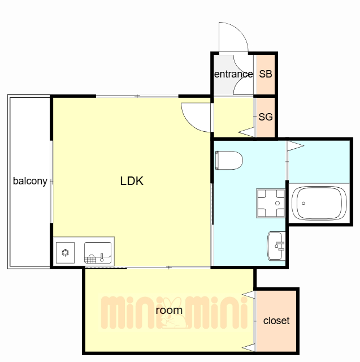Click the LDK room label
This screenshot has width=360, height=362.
click(132, 181)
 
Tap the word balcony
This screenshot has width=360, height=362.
click(30, 181)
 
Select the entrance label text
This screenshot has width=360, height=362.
click(233, 74)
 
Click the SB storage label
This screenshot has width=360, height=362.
click(266, 74)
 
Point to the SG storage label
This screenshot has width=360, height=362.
click(266, 117)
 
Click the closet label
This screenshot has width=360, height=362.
click(276, 321)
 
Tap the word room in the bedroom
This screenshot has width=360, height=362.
click(169, 310)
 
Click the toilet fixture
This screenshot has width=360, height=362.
click(229, 161)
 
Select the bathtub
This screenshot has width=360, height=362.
click(319, 203)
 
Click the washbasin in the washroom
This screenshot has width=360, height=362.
click(276, 246)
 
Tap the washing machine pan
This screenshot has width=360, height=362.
click(271, 203)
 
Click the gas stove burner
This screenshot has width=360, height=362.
click(65, 253)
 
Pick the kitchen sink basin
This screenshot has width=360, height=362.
click(98, 253)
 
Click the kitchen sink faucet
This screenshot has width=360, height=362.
click(102, 257)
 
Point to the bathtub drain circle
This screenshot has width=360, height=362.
click(303, 203)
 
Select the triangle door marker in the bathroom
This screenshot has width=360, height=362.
click(296, 146)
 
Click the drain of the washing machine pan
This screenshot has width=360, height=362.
click(277, 204)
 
